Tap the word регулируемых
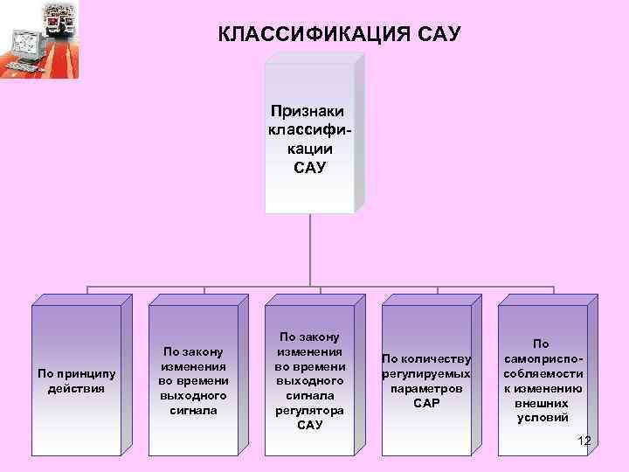(426, 373)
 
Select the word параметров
(426, 388)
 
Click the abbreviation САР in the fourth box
(426, 403)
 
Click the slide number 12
(584, 440)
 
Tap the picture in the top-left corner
(39, 39)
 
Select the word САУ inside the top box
(308, 166)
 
